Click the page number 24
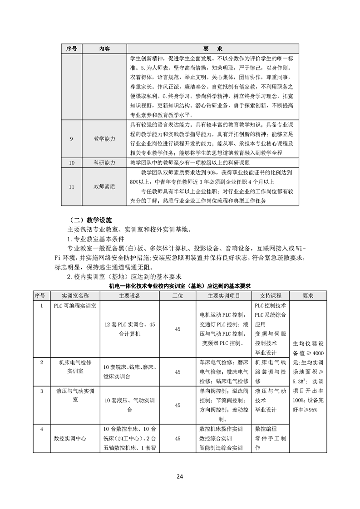click(180, 476)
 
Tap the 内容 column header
click(104, 49)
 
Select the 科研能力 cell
click(104, 162)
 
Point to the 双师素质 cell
click(104, 186)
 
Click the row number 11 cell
click(72, 186)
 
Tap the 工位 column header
click(178, 295)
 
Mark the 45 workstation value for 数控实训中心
click(178, 439)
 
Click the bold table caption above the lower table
click(180, 286)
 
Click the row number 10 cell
click(72, 162)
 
